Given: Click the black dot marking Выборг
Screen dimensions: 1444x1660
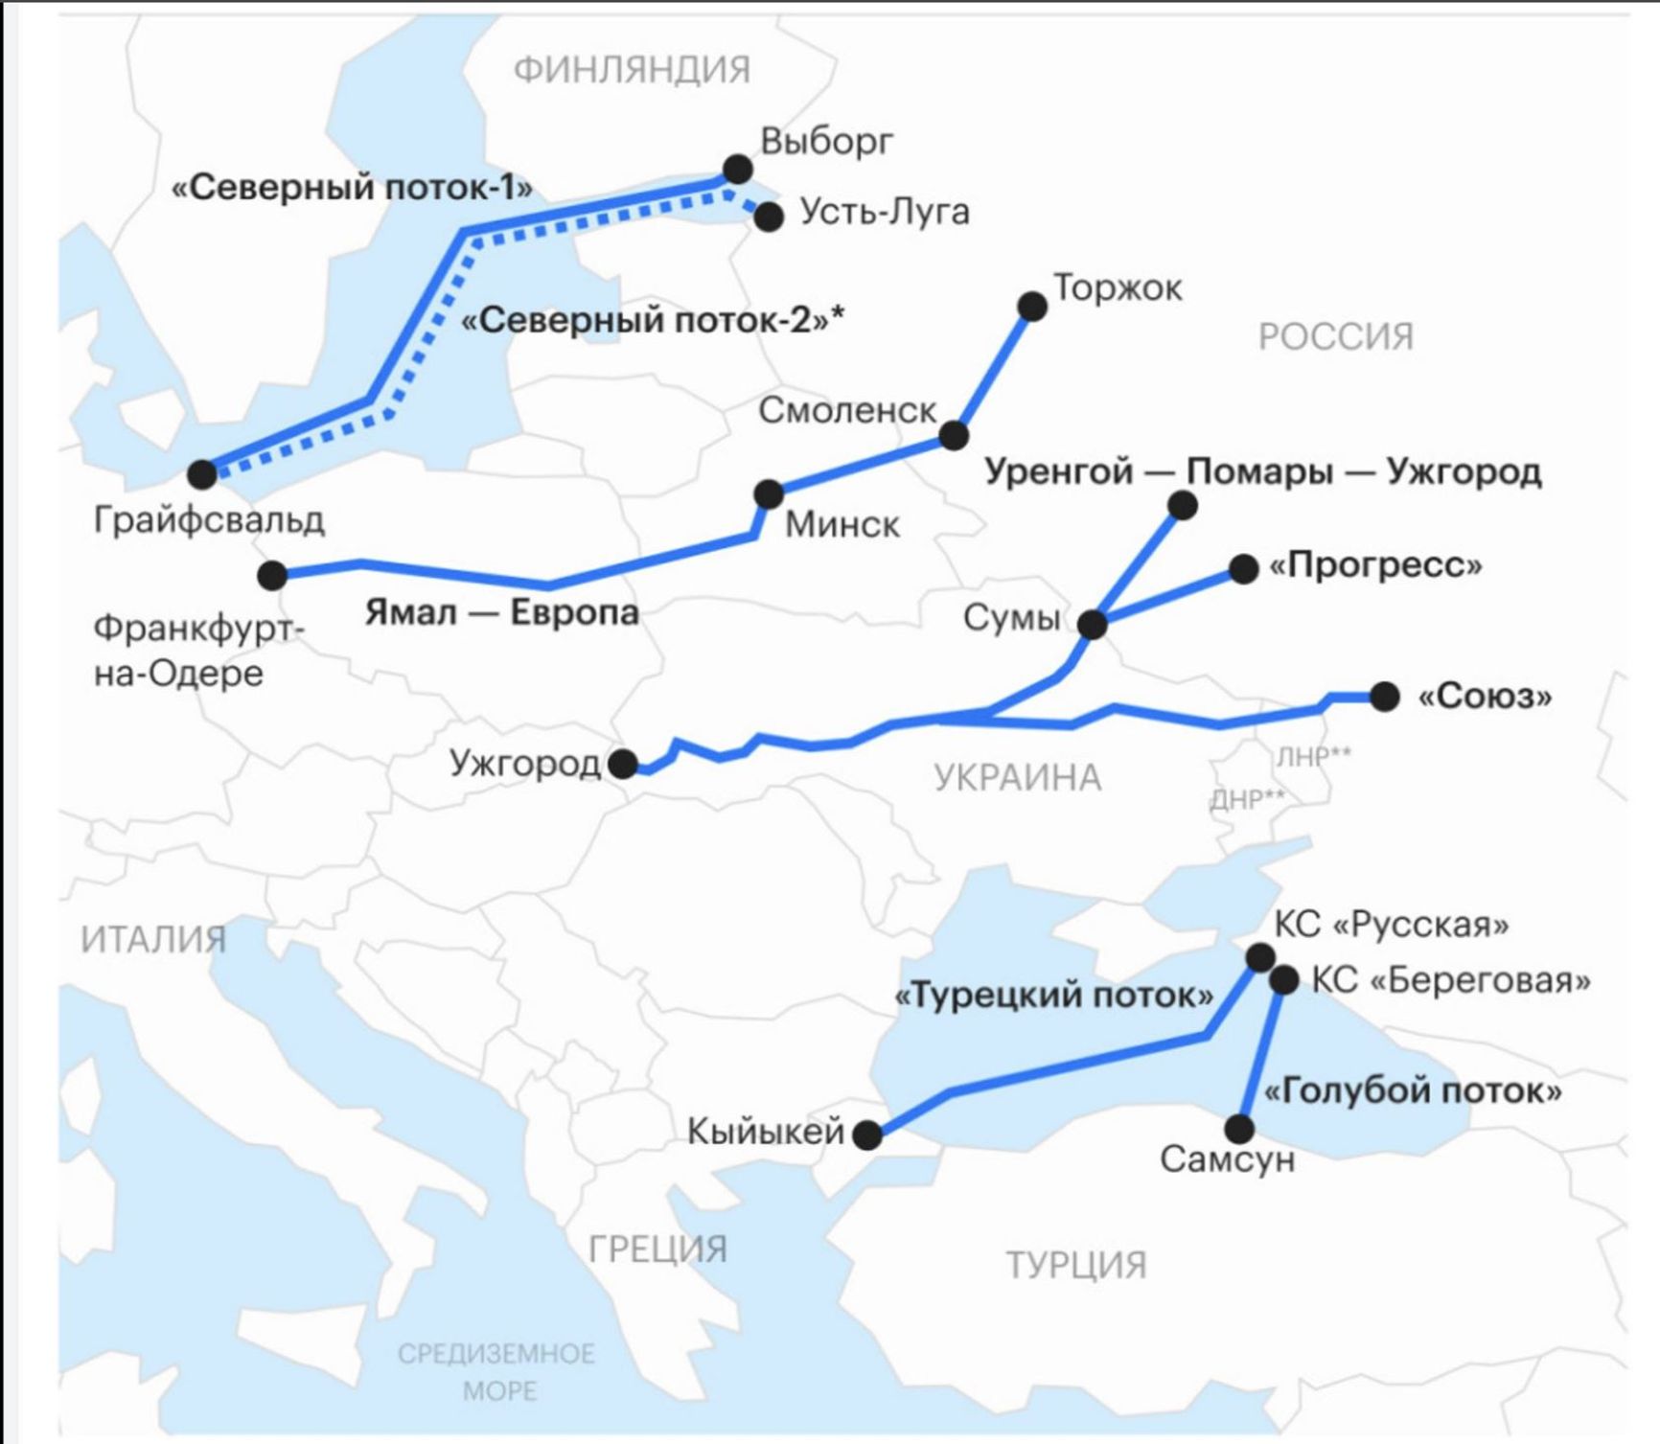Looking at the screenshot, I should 737,170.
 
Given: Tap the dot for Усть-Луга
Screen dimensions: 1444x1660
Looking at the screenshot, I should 769,217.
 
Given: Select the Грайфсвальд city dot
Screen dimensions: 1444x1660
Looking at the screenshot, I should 202,473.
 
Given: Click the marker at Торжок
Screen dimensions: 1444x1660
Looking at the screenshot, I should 1032,307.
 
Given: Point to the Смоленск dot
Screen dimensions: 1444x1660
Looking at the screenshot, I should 954,435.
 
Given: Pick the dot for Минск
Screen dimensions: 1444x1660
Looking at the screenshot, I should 769,494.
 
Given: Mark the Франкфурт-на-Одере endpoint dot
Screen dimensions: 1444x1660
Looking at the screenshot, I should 272,575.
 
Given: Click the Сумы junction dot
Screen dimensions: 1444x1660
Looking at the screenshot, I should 1093,625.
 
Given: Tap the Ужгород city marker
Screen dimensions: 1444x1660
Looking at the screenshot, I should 623,764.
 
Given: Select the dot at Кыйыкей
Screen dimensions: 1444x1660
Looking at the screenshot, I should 867,1135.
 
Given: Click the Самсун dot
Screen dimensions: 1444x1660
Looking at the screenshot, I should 1239,1129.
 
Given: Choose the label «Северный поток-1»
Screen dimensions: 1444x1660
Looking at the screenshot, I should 352,188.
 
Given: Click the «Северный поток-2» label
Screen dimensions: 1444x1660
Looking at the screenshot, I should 653,320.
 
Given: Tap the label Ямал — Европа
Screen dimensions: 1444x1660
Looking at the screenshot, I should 501,612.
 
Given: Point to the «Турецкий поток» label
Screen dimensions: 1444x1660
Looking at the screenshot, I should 1053,996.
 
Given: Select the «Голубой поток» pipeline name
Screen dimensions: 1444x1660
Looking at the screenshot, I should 1413,1090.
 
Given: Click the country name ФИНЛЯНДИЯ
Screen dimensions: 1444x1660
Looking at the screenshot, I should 632,70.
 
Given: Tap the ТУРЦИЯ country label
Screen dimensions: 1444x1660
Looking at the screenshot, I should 1075,1266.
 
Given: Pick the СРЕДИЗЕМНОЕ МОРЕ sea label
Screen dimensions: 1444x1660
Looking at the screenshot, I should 496,1372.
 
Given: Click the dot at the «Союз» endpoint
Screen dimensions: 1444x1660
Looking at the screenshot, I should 1384,697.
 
